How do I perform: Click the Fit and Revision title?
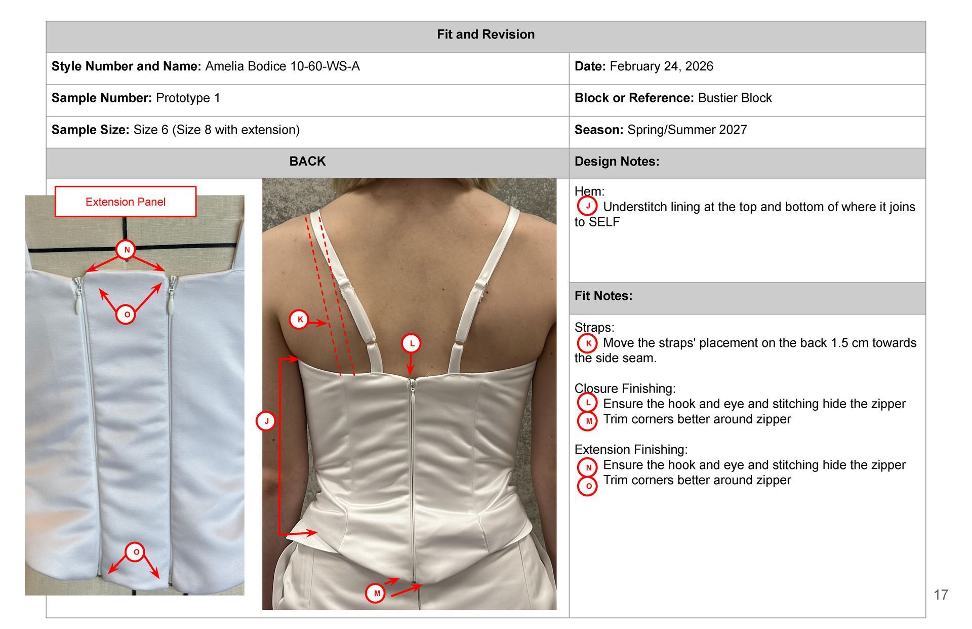click(485, 34)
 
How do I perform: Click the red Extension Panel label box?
click(126, 202)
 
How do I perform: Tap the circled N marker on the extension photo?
click(127, 249)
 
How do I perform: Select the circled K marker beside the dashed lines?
click(299, 320)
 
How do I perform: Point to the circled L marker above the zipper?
click(412, 343)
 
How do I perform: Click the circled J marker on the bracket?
click(266, 420)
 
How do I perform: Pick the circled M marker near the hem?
click(376, 593)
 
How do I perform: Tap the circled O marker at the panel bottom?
click(136, 552)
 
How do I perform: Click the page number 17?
click(941, 595)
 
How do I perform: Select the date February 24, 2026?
click(661, 66)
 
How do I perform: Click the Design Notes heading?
click(617, 162)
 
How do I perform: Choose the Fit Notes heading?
click(603, 296)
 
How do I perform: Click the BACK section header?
click(307, 161)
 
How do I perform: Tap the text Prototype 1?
click(188, 98)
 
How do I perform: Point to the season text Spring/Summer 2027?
click(687, 130)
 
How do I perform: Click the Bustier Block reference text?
click(735, 98)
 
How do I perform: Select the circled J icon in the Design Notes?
click(587, 206)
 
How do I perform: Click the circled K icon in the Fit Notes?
click(587, 343)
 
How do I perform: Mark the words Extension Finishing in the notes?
click(631, 449)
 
